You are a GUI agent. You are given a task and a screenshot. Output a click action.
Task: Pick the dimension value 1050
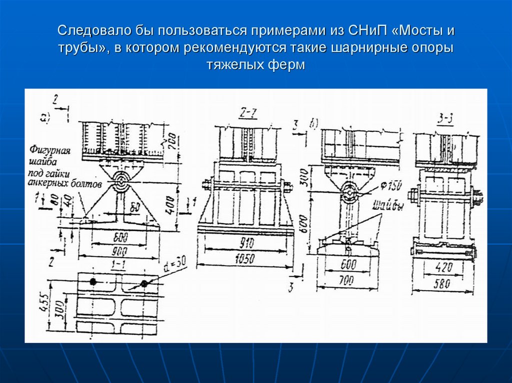point(244,259)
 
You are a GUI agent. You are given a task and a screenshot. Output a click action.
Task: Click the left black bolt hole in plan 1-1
point(92,282)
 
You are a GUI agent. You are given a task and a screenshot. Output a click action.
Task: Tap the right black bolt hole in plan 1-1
point(144,284)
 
